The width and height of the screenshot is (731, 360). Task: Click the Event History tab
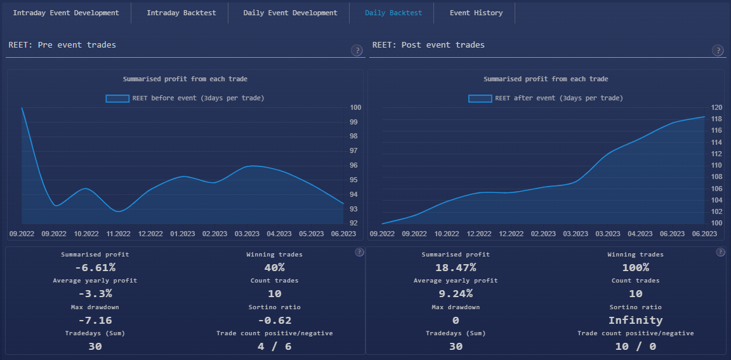475,13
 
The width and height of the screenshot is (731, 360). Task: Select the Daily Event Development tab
290,13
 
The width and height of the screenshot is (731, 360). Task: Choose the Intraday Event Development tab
66,13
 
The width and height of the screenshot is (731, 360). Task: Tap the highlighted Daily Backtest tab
393,13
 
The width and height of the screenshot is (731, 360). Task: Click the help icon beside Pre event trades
357,51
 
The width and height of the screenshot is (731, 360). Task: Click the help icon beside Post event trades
718,51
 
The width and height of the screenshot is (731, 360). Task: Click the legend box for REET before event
117,98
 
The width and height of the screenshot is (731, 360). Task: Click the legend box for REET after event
480,98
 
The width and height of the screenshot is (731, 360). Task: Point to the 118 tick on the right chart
716,119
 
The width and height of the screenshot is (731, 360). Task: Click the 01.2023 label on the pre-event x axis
183,234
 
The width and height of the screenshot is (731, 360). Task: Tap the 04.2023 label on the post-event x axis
640,234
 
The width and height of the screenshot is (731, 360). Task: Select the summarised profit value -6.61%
95,267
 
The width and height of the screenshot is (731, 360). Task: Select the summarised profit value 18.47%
456,267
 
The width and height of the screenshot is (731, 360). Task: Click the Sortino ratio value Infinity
635,320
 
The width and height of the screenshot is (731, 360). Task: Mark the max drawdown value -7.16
95,320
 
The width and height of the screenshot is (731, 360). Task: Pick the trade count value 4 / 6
274,346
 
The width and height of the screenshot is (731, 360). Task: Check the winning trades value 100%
635,267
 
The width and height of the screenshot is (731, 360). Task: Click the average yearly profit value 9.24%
456,293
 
